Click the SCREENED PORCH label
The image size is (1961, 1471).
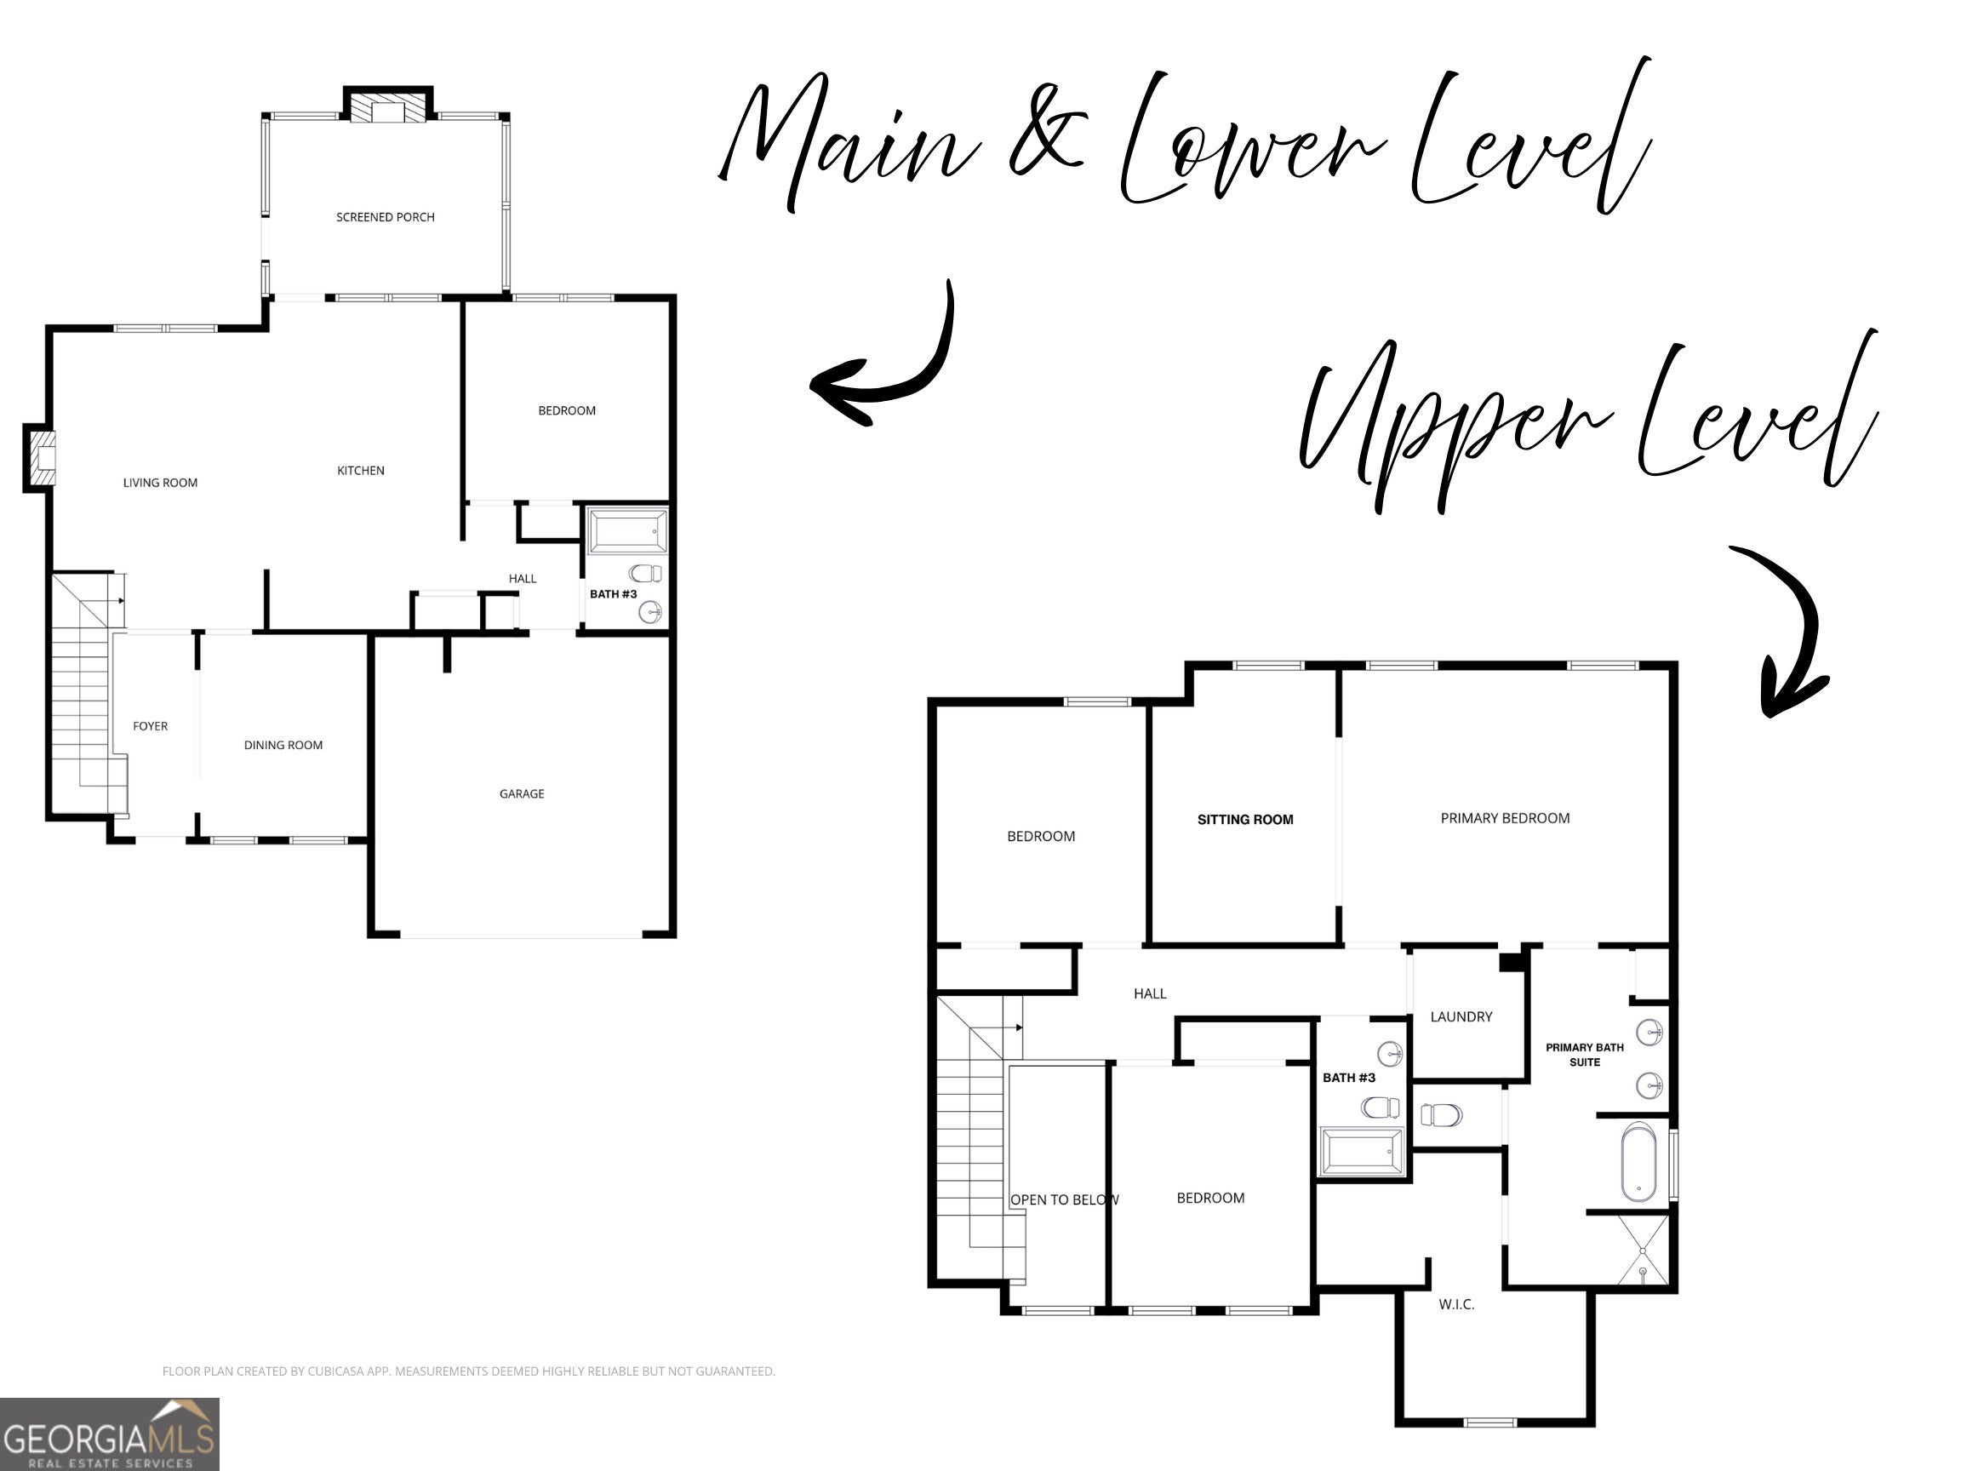click(385, 217)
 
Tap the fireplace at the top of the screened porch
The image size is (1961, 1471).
click(388, 104)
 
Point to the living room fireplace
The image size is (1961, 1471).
click(39, 457)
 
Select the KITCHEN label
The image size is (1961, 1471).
click(361, 471)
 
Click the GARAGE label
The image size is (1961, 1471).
click(521, 793)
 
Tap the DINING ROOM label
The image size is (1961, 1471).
click(283, 745)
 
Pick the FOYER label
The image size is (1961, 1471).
click(150, 726)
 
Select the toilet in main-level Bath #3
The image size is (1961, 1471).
click(645, 573)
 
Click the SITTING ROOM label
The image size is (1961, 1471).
click(1244, 819)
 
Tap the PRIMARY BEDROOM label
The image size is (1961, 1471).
click(1505, 817)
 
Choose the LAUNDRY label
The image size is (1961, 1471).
click(1461, 1016)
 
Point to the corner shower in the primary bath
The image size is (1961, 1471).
click(1643, 1250)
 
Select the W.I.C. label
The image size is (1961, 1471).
click(1456, 1304)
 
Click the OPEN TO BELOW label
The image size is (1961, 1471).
click(1065, 1199)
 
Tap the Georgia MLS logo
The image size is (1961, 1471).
click(109, 1434)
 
